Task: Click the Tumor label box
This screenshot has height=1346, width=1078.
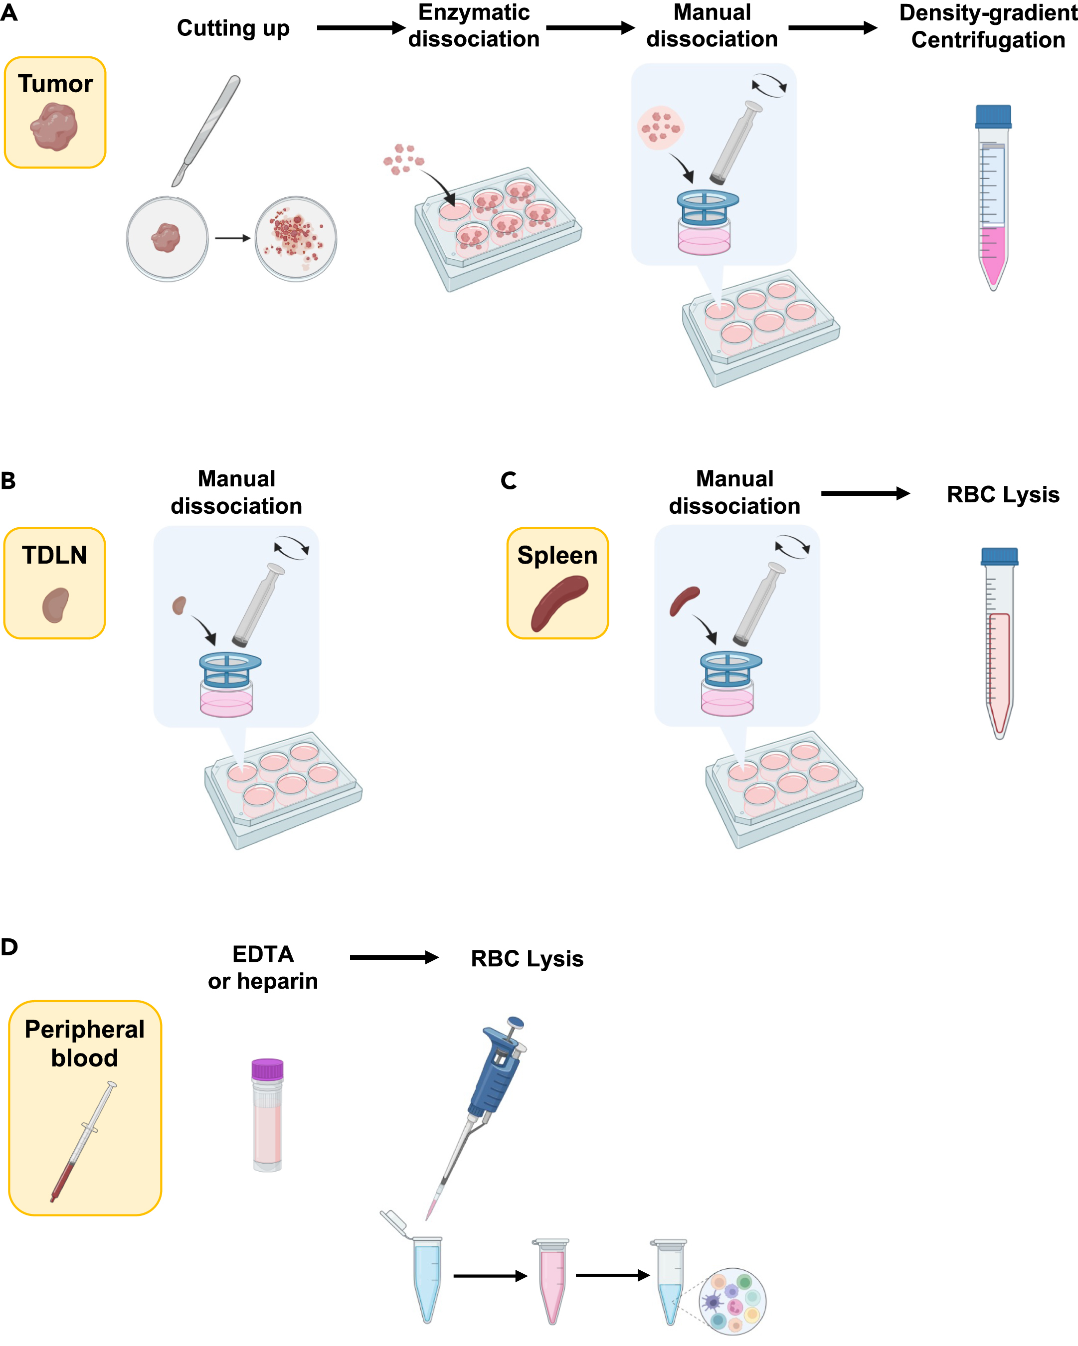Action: click(55, 113)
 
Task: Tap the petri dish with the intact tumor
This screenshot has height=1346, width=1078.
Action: click(167, 239)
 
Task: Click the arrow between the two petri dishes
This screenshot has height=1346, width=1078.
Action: click(232, 238)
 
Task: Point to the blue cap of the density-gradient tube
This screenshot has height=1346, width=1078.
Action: click(993, 116)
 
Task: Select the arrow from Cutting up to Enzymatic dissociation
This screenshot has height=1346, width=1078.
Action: click(360, 27)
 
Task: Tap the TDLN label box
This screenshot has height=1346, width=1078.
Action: click(54, 583)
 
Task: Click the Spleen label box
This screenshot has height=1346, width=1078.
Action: click(557, 583)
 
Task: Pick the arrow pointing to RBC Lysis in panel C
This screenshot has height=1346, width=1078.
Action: click(865, 493)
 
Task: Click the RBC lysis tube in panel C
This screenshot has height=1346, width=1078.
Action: click(999, 649)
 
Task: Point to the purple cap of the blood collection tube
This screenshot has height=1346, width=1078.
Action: click(267, 1069)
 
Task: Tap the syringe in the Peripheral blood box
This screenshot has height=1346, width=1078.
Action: click(83, 1143)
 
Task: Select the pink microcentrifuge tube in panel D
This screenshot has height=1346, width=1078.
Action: click(551, 1280)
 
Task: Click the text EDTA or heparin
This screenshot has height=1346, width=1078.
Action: click(263, 967)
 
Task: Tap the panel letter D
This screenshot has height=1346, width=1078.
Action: click(9, 947)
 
